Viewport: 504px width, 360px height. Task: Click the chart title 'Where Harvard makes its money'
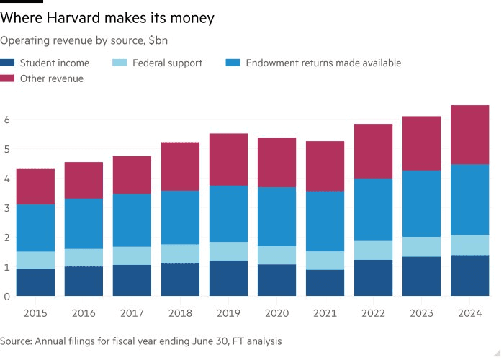coord(107,19)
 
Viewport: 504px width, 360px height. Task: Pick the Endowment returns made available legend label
coord(323,63)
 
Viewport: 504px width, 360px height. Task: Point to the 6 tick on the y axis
coord(6,120)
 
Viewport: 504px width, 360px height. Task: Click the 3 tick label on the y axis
coord(6,208)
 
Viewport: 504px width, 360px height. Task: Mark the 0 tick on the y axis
coord(6,297)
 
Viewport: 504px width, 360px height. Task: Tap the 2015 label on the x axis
coord(35,313)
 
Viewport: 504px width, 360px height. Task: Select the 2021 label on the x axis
coord(325,313)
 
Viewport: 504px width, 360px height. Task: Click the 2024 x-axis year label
coord(469,313)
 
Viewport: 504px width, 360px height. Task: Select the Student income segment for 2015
coord(35,282)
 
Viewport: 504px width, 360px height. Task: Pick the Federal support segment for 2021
coord(325,261)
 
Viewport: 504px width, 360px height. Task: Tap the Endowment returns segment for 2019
coord(228,214)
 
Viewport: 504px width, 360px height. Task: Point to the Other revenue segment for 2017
coord(132,175)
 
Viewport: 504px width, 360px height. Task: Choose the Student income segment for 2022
coord(373,278)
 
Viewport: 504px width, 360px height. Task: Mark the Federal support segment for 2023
coord(421,247)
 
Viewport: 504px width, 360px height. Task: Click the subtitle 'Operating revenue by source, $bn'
coord(84,41)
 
